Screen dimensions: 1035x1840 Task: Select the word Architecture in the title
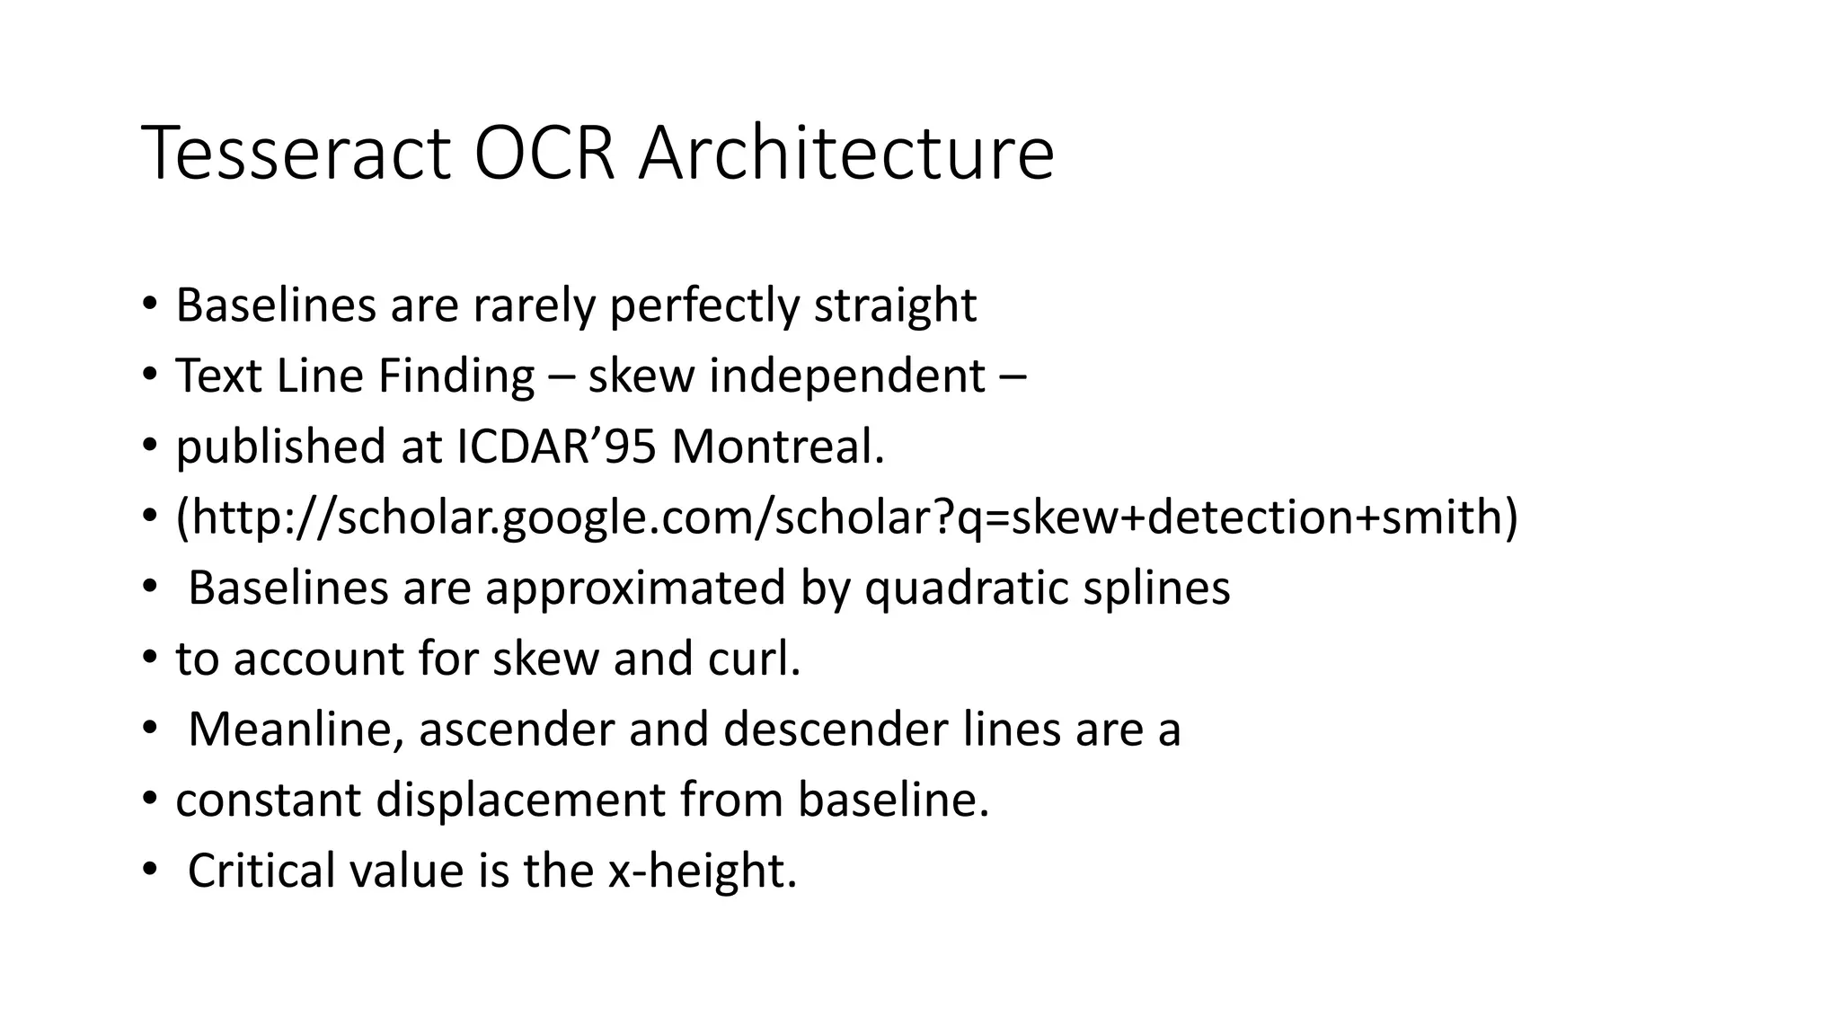click(x=845, y=154)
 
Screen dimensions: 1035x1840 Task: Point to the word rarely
click(x=534, y=305)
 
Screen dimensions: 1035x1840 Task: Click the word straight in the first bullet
click(x=894, y=305)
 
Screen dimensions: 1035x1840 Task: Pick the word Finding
click(x=456, y=376)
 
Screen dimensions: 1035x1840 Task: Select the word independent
click(x=846, y=376)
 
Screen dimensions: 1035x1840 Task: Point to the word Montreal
click(x=777, y=447)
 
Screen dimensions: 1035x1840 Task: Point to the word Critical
click(x=261, y=871)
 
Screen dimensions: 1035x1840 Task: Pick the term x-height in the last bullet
click(x=702, y=871)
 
